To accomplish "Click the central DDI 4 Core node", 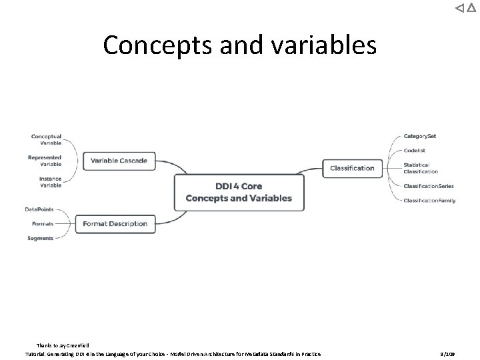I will [239, 192].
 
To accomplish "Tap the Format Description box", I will [115, 224].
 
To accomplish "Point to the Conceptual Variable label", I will [46, 140].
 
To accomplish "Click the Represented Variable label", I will [45, 161].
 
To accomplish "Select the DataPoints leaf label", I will [39, 209].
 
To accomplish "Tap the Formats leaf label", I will [43, 224].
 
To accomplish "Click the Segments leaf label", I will [41, 238].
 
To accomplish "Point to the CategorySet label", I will [420, 136].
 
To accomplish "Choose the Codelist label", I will [416, 150].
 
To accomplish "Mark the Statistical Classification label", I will [421, 168].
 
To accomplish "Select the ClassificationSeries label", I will [429, 186].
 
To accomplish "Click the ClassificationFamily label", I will [429, 200].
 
